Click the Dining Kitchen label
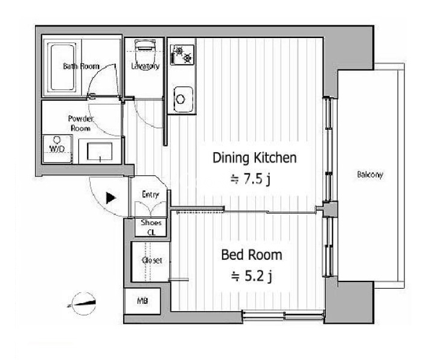point(255,158)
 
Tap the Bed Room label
point(252,255)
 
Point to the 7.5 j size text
point(251,179)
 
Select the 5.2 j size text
point(252,276)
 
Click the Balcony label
point(369,175)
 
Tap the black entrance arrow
point(111,198)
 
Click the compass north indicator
point(83,303)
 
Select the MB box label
point(142,301)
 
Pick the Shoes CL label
point(151,227)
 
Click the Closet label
point(152,260)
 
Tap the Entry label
point(150,194)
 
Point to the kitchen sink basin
point(184,99)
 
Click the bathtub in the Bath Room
point(62,68)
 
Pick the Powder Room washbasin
point(100,151)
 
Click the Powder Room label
point(80,123)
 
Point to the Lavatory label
point(145,66)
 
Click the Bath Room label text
point(81,66)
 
